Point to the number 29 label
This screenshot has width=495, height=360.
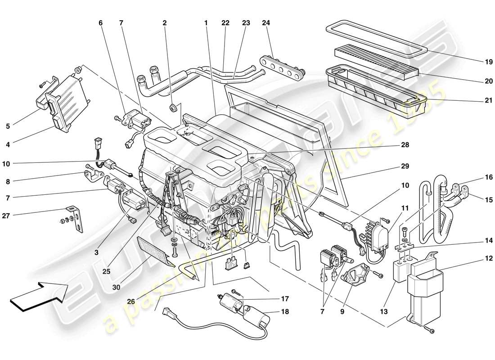tap(405, 166)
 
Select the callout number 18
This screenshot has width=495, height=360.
tap(284, 311)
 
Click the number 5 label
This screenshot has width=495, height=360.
tap(8, 126)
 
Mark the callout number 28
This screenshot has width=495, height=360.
tap(405, 145)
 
